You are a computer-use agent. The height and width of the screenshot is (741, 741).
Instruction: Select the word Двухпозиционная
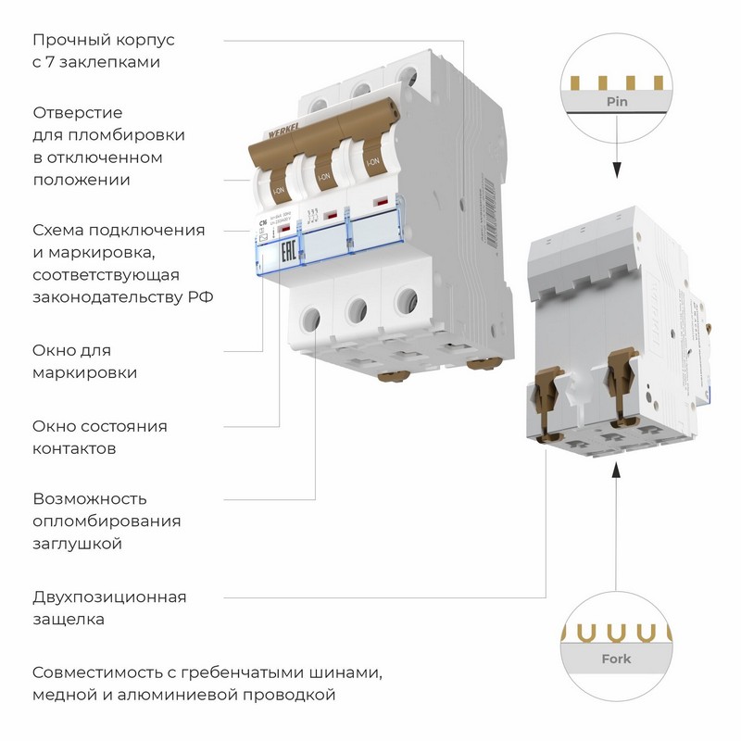(x=109, y=597)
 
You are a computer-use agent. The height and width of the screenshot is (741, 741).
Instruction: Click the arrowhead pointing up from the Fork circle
(x=614, y=474)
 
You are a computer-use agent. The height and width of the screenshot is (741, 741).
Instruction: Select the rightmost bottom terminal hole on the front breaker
(x=404, y=301)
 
